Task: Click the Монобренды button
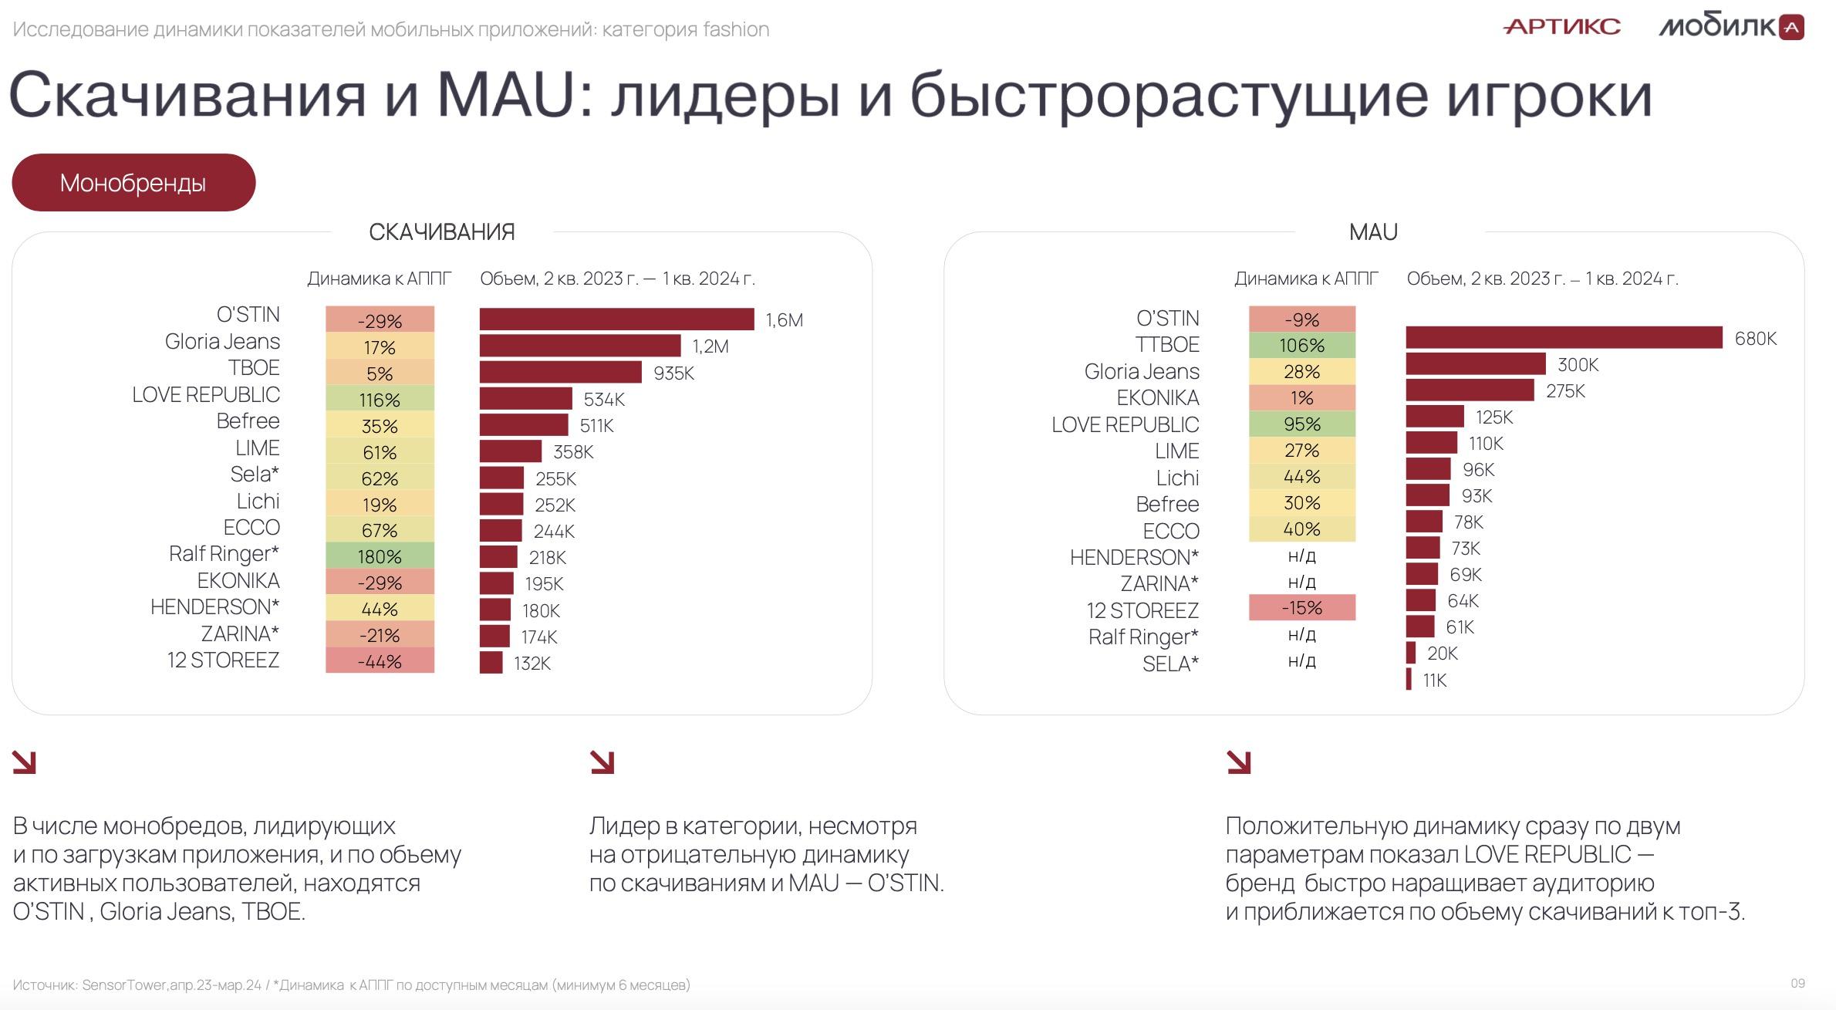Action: tap(133, 183)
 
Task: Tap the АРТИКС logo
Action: tap(1562, 27)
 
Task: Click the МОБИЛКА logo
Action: tap(1731, 27)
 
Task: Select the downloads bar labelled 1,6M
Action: tap(617, 319)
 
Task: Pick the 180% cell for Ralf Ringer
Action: tap(380, 556)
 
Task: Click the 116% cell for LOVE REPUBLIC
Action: tap(380, 400)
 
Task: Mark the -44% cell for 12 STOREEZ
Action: tap(380, 661)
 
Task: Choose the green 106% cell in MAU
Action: tap(1302, 345)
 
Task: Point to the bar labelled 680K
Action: tap(1564, 338)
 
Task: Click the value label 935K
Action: tap(674, 373)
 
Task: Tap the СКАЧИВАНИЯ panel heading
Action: tap(442, 231)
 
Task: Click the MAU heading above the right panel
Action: tap(1373, 231)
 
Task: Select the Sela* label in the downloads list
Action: tap(255, 474)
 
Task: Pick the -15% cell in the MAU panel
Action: tap(1302, 607)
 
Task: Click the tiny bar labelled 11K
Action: tap(1409, 679)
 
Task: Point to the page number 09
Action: tap(1797, 983)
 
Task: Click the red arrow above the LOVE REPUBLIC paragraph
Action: tap(1238, 762)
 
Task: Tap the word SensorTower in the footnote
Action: tap(124, 985)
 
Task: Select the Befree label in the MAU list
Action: tap(1167, 504)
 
